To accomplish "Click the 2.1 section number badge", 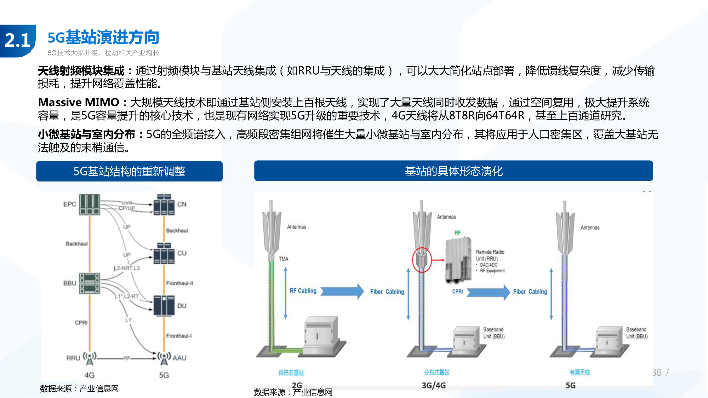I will click(x=18, y=40).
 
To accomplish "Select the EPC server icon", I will click(x=90, y=204).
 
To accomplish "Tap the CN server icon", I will click(x=164, y=204).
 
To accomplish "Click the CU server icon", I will click(x=164, y=253).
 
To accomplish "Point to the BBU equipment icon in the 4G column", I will click(x=90, y=283).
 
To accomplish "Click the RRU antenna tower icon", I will click(x=90, y=358).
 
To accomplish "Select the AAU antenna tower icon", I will click(x=164, y=358).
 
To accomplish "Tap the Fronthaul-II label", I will click(x=179, y=283).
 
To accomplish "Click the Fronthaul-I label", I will click(x=179, y=336).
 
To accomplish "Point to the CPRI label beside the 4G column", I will click(x=81, y=323).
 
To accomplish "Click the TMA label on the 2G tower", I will click(x=284, y=259).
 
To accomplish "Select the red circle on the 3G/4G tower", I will click(x=422, y=260).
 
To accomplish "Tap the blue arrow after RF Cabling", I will click(x=342, y=291).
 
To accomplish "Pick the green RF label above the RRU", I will click(x=458, y=233).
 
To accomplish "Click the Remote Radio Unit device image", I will click(x=458, y=260).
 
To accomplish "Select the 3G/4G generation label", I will click(x=434, y=385).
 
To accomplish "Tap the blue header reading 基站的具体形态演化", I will click(x=453, y=171).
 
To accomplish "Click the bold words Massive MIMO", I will click(x=79, y=103).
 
